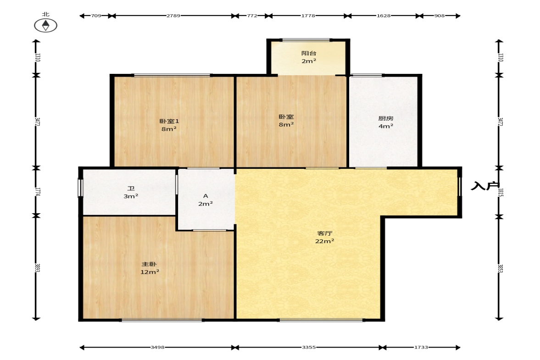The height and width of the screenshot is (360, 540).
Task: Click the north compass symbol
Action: [x=46, y=25]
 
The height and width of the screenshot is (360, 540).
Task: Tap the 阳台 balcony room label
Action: [x=309, y=53]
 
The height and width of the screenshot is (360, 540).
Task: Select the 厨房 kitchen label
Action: [x=386, y=118]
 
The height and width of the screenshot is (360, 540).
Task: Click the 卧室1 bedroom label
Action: [x=169, y=121]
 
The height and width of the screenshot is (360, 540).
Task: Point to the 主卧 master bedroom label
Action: [x=150, y=264]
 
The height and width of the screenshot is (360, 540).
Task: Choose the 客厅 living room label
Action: [x=324, y=233]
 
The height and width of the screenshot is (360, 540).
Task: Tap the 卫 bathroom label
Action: [x=131, y=188]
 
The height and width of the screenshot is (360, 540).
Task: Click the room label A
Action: [x=206, y=196]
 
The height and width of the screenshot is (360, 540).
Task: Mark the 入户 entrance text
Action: [x=485, y=186]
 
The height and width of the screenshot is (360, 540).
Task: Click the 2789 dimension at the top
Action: [x=173, y=16]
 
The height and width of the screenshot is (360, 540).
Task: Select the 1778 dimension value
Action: [x=308, y=16]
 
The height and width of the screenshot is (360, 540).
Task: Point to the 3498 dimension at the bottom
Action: [x=157, y=347]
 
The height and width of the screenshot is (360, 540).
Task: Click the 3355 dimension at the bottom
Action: [x=309, y=347]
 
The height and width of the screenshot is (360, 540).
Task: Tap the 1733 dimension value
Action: [x=421, y=347]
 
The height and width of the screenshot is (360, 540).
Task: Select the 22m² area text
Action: [x=324, y=241]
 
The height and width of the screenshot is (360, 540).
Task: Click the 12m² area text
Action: [x=150, y=272]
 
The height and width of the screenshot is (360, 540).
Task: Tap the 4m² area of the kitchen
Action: [x=386, y=126]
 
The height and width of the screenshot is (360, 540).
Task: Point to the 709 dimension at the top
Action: [x=96, y=16]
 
